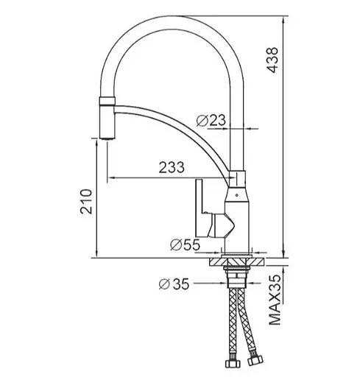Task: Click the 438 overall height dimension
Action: pos(273,60)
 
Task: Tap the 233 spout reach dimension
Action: pos(172,167)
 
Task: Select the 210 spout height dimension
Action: pos(86,201)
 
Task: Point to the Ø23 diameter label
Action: pos(211,121)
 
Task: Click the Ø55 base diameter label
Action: pos(185,244)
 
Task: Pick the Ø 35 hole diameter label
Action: pos(174,284)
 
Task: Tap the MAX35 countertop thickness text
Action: pos(275,300)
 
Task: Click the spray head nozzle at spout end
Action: pos(107,119)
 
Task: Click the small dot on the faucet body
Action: pos(236,196)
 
